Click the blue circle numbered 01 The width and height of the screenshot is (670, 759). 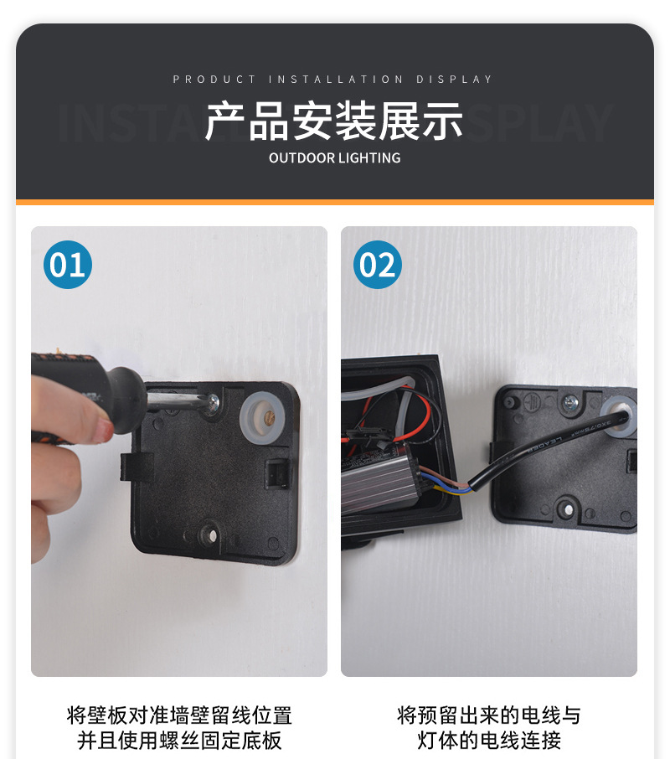67,265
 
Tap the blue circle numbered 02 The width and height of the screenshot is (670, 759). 377,265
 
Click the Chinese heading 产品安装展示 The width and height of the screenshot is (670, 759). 334,121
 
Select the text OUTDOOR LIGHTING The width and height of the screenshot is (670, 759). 334,157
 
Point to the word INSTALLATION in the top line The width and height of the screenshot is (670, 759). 336,80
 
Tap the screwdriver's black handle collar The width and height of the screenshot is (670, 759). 126,401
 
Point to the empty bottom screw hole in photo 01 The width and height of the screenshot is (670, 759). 210,531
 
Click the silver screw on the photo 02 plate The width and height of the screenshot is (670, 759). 572,405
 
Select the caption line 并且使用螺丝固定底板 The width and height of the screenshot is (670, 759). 179,741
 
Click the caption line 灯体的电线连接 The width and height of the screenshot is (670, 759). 489,741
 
